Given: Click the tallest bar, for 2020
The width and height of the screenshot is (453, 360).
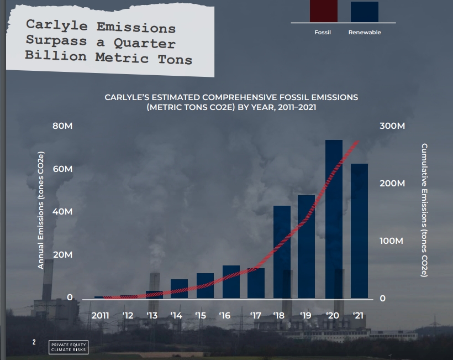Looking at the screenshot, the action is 334,219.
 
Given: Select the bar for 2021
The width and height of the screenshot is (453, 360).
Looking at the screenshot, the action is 360,231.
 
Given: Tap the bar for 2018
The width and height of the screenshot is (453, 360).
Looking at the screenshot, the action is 282,252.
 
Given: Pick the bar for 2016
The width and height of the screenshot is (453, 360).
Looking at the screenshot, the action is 231,281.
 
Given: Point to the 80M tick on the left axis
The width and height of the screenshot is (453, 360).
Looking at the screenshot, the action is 62,126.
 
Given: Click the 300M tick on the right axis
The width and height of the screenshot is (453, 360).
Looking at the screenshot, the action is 392,126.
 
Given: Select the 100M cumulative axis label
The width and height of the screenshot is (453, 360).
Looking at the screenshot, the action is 391,241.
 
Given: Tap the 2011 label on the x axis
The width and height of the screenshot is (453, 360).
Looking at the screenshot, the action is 100,315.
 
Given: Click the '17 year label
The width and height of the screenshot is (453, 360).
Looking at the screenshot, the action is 256,315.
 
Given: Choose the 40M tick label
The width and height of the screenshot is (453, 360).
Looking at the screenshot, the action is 62,211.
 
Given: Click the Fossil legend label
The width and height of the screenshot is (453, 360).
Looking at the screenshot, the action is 323,33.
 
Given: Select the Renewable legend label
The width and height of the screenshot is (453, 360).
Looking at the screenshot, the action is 365,33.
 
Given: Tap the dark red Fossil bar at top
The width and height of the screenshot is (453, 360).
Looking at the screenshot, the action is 324,11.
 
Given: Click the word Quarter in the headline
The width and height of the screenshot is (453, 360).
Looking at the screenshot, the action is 144,43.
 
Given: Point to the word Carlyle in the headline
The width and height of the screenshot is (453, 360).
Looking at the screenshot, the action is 56,25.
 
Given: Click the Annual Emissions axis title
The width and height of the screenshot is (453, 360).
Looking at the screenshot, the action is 41,210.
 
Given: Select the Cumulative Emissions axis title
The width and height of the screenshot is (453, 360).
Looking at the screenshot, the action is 424,210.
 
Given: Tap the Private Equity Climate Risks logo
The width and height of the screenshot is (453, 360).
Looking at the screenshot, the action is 69,347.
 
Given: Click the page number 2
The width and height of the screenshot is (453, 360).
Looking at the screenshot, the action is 34,342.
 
